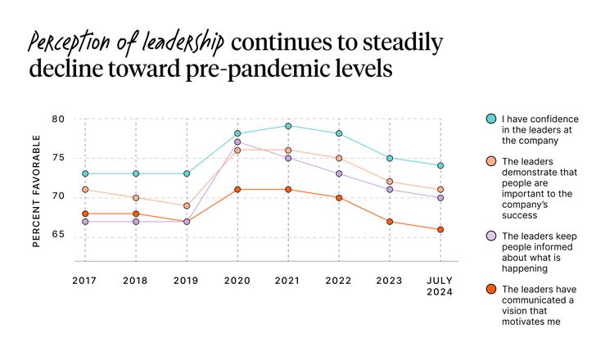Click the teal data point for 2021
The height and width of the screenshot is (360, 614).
click(x=287, y=126)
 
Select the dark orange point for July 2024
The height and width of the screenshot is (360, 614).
click(x=440, y=230)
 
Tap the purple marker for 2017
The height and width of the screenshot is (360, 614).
click(x=84, y=222)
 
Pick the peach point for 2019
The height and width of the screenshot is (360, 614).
click(x=187, y=206)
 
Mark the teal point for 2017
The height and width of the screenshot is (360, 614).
click(x=84, y=173)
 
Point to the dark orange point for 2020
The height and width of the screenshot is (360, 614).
click(x=237, y=190)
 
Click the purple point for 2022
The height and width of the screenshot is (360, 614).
click(x=339, y=173)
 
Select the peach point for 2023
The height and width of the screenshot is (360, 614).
click(x=390, y=182)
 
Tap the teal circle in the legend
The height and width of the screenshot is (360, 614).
click(x=490, y=119)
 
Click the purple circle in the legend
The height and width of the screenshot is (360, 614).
click(x=490, y=236)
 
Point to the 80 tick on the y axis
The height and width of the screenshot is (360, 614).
click(x=57, y=119)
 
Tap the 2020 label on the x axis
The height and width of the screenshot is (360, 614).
click(x=237, y=281)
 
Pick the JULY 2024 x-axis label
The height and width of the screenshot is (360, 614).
click(x=440, y=286)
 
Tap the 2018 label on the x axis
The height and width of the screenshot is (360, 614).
click(x=135, y=281)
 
